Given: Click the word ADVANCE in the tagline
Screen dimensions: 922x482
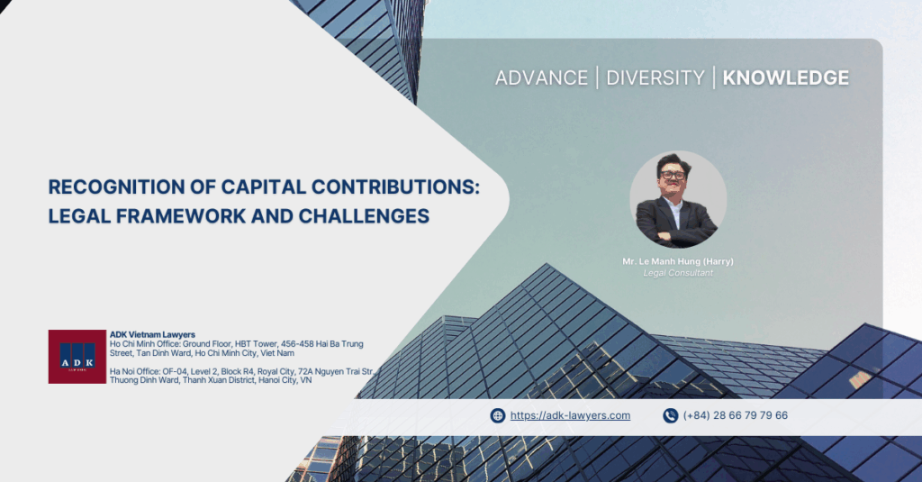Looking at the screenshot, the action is click(x=541, y=77).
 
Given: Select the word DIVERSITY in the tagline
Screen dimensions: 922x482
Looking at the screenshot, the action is click(x=655, y=77).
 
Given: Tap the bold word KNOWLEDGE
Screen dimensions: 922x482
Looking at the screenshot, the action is click(x=785, y=77).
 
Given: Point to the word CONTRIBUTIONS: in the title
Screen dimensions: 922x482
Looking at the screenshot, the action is click(x=395, y=187).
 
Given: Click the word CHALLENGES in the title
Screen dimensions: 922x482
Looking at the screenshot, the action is click(x=364, y=216).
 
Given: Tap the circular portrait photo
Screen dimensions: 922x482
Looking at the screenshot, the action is click(x=678, y=199).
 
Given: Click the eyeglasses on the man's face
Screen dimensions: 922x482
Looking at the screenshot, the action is click(x=673, y=175).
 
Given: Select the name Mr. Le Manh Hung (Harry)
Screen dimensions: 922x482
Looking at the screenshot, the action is click(x=678, y=261).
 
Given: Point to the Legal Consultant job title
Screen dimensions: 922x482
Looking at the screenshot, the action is click(x=678, y=273).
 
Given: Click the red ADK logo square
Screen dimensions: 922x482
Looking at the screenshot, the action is click(x=77, y=357).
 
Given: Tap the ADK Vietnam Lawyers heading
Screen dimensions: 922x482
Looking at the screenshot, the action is click(x=152, y=334).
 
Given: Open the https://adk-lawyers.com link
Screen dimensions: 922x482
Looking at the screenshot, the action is click(x=570, y=415).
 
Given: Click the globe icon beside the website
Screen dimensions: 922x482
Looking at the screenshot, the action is click(x=497, y=415).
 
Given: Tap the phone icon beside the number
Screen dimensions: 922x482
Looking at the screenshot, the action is click(x=670, y=415).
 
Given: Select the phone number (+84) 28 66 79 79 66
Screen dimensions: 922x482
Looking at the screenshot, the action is click(x=736, y=415).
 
